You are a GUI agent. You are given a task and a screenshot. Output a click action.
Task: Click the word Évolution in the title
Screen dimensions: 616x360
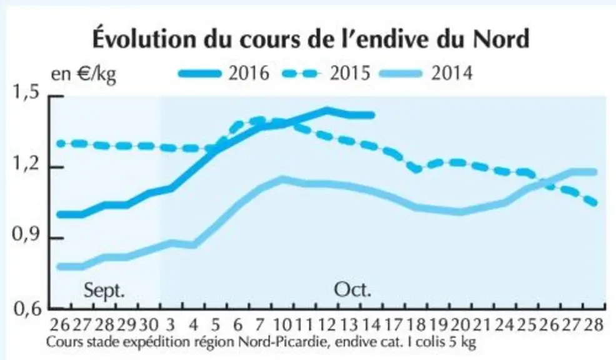tap(144, 38)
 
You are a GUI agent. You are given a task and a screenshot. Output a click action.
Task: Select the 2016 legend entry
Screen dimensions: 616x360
tap(224, 74)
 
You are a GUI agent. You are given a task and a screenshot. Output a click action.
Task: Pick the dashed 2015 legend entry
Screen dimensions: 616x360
tap(326, 74)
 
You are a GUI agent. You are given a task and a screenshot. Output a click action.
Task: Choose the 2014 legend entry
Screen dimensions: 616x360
tap(427, 74)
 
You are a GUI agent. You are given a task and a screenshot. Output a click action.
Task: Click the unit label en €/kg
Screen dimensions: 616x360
tap(84, 74)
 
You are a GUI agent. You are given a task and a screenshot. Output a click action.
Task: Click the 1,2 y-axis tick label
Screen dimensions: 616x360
tap(27, 164)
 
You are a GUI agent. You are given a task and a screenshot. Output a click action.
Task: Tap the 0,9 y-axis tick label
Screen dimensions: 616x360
tap(27, 234)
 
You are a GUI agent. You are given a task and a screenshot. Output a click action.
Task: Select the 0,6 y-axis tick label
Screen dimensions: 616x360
tap(27, 309)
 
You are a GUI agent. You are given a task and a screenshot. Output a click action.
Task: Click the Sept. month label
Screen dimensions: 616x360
tap(104, 291)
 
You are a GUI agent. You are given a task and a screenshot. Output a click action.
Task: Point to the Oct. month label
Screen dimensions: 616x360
tap(352, 290)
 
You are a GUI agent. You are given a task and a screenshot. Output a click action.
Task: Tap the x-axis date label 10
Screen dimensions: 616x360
tap(282, 326)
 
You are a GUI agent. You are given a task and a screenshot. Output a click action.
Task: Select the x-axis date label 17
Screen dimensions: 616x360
tap(393, 326)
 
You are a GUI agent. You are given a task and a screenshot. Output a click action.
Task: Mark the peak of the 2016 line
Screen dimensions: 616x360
tap(326, 110)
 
